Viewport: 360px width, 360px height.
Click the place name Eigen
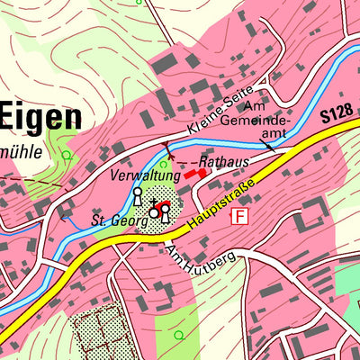pyautogui.click(x=40, y=116)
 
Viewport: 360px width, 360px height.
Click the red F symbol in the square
pyautogui.click(x=239, y=216)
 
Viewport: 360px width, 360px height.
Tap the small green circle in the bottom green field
pyautogui.click(x=178, y=335)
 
